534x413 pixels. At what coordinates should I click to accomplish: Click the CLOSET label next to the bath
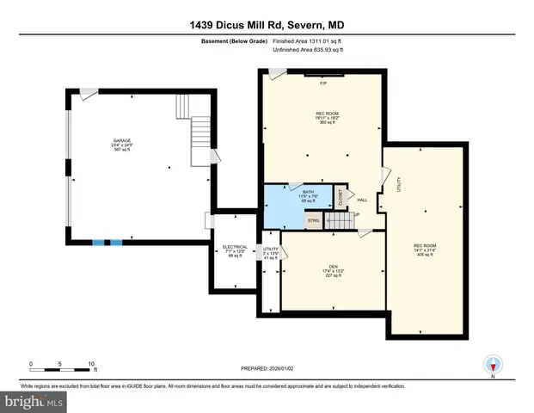(x=340, y=197)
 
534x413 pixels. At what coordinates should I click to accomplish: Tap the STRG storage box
(x=314, y=221)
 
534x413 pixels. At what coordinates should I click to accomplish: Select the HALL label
(x=362, y=200)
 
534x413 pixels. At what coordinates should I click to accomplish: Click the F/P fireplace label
(x=323, y=83)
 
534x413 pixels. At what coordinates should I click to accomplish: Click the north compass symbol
(x=493, y=365)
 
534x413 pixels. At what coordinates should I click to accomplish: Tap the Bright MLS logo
(x=34, y=400)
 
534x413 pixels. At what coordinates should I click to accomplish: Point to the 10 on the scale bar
(x=90, y=364)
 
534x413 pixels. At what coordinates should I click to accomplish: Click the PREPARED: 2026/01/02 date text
(x=267, y=368)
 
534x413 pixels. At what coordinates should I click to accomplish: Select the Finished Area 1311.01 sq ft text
(x=308, y=40)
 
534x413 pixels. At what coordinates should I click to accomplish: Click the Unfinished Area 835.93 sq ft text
(x=308, y=51)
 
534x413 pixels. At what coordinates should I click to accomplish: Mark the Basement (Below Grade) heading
(x=236, y=40)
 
